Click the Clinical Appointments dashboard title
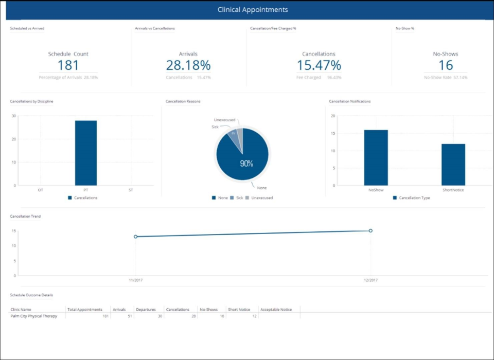252,10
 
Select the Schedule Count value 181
68,65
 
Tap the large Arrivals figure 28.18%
188,65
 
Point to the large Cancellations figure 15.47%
319,65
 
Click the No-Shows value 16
445,65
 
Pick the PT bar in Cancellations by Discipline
85,153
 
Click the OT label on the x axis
41,190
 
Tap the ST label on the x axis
131,190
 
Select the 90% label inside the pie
246,164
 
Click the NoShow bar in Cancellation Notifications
376,157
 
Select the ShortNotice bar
453,165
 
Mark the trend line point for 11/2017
135,237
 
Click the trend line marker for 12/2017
370,230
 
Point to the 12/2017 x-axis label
370,280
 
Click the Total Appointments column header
85,310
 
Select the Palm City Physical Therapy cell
34,316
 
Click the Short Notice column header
239,310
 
